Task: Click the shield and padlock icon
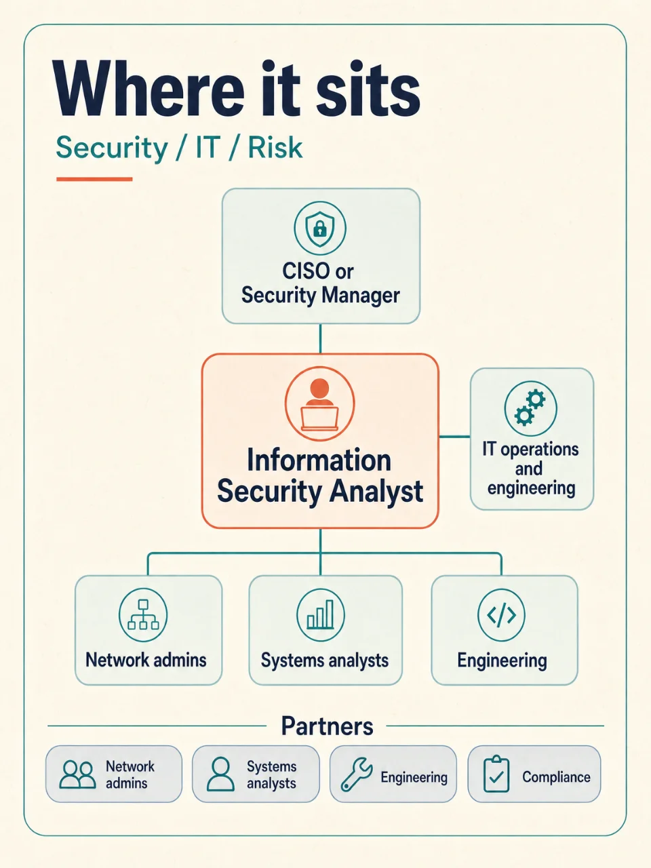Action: pos(320,228)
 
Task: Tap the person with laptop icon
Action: pos(320,403)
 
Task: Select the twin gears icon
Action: pos(530,408)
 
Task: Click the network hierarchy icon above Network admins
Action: pos(143,614)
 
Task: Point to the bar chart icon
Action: pos(321,614)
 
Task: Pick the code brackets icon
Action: pos(501,614)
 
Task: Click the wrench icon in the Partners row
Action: pos(357,774)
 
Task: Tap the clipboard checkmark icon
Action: pos(496,774)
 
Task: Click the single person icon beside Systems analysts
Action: pos(220,774)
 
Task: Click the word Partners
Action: pos(328,726)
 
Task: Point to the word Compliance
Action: pos(556,777)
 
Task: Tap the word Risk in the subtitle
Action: pos(275,148)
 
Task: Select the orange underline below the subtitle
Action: pos(94,179)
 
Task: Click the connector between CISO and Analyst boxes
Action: pos(320,338)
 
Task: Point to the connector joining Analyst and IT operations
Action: pos(454,437)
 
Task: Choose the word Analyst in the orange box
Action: pos(376,492)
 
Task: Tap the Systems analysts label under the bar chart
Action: pos(325,660)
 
